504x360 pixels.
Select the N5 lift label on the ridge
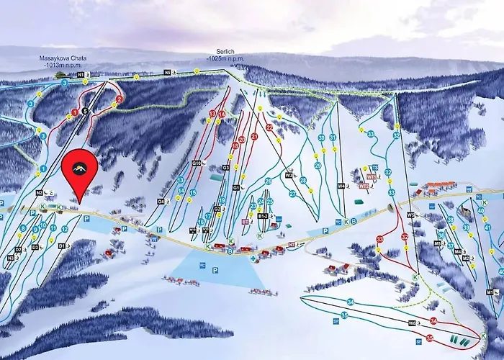pos(168,73)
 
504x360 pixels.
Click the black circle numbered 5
pos(85,110)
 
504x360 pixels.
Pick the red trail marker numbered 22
pos(269,127)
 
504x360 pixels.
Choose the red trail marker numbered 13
pos(212,114)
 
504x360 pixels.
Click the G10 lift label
pos(195,163)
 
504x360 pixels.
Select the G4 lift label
pos(161,201)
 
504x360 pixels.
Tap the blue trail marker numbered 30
pos(321,138)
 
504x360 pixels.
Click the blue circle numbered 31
pos(333,137)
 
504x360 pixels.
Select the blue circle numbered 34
pos(350,302)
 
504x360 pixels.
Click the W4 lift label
pos(341,186)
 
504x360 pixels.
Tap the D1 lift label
pos(62,246)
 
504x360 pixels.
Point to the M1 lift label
pos(489,293)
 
